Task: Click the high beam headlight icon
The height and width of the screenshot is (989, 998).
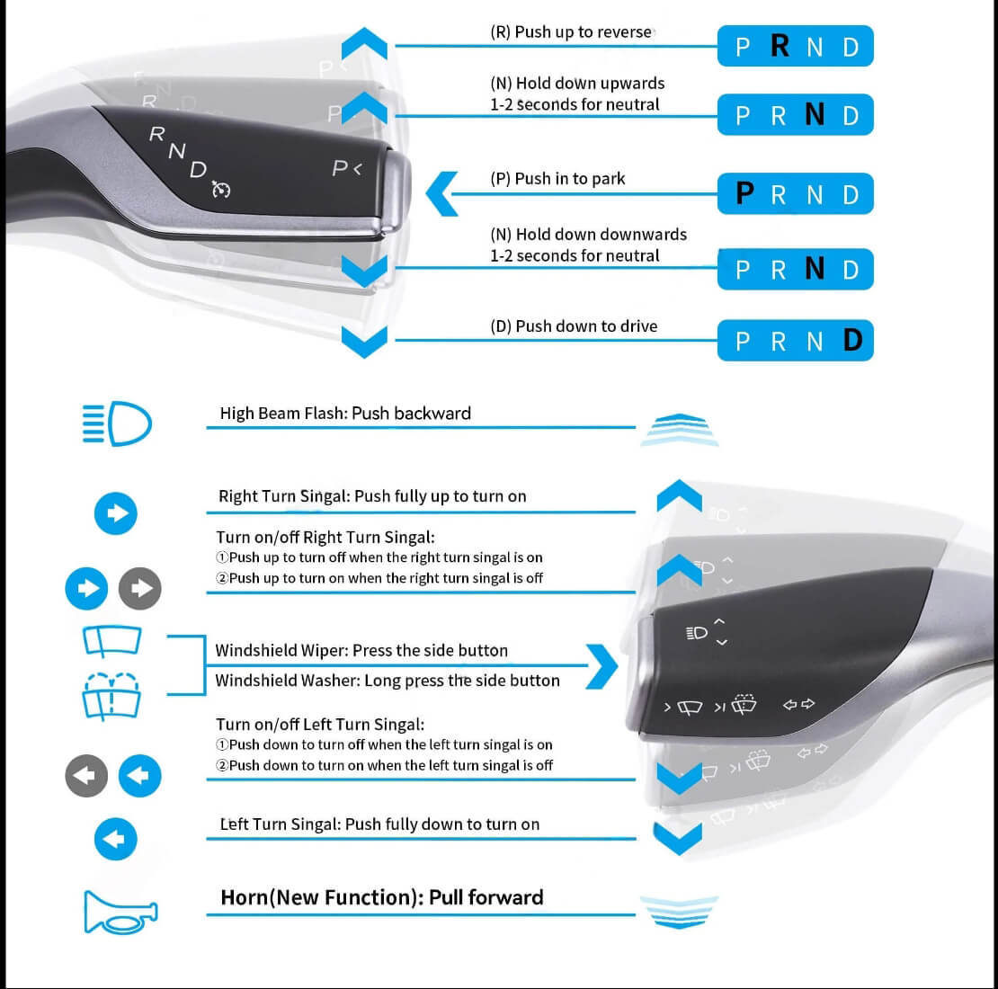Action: pyautogui.click(x=117, y=423)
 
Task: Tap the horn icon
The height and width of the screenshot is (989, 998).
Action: pyautogui.click(x=120, y=913)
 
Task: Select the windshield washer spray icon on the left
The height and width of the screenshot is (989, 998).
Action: pyautogui.click(x=111, y=696)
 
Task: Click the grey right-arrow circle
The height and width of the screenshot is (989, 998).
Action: pyautogui.click(x=140, y=588)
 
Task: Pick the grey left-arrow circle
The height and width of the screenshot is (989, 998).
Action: pyautogui.click(x=86, y=776)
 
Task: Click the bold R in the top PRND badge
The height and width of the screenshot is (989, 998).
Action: pyautogui.click(x=780, y=46)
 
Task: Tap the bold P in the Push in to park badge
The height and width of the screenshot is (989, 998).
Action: pyautogui.click(x=744, y=192)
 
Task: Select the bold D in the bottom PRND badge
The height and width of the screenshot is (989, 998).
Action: pyautogui.click(x=853, y=340)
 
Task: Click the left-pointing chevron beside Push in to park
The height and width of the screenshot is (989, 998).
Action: pyautogui.click(x=441, y=193)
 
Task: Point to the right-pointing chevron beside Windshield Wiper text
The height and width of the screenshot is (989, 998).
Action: pyautogui.click(x=602, y=666)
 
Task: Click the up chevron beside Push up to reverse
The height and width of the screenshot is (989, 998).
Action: pyautogui.click(x=364, y=43)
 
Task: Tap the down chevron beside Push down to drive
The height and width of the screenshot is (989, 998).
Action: pyautogui.click(x=364, y=343)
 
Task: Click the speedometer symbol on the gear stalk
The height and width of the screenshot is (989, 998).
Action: pyautogui.click(x=221, y=189)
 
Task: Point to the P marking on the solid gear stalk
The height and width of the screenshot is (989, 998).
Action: pyautogui.click(x=340, y=168)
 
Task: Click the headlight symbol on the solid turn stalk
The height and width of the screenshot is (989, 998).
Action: pyautogui.click(x=697, y=633)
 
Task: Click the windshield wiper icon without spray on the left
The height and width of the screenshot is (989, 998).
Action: pyautogui.click(x=111, y=641)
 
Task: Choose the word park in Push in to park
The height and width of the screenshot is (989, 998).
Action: pyautogui.click(x=609, y=179)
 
